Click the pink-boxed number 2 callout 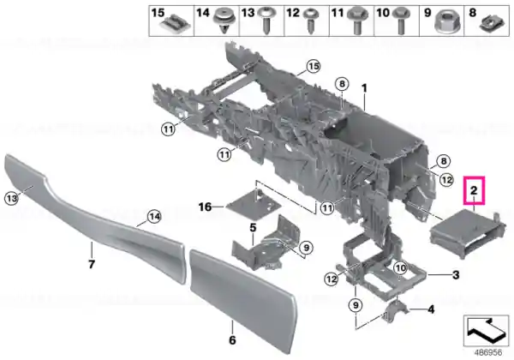474,190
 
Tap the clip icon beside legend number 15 175,24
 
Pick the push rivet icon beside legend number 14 224,21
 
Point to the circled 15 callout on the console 314,67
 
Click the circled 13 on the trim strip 11,198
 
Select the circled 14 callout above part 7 154,216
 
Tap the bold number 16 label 206,207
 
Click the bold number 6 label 232,340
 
